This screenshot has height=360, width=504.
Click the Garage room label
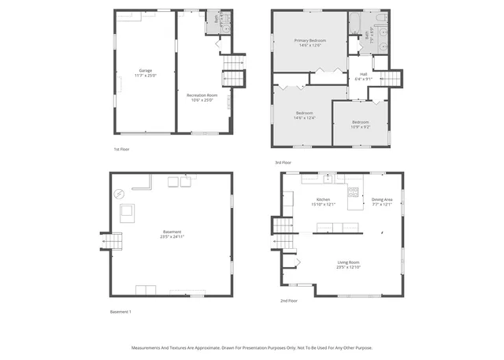point(146,70)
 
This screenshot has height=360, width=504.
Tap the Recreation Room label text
point(202,95)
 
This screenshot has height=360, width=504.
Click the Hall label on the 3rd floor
point(363,73)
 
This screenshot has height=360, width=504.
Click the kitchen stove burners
point(354,191)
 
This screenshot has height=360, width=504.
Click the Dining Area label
point(383,199)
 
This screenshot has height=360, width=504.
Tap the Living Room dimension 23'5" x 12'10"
point(348,267)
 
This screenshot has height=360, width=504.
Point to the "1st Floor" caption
point(120,148)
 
